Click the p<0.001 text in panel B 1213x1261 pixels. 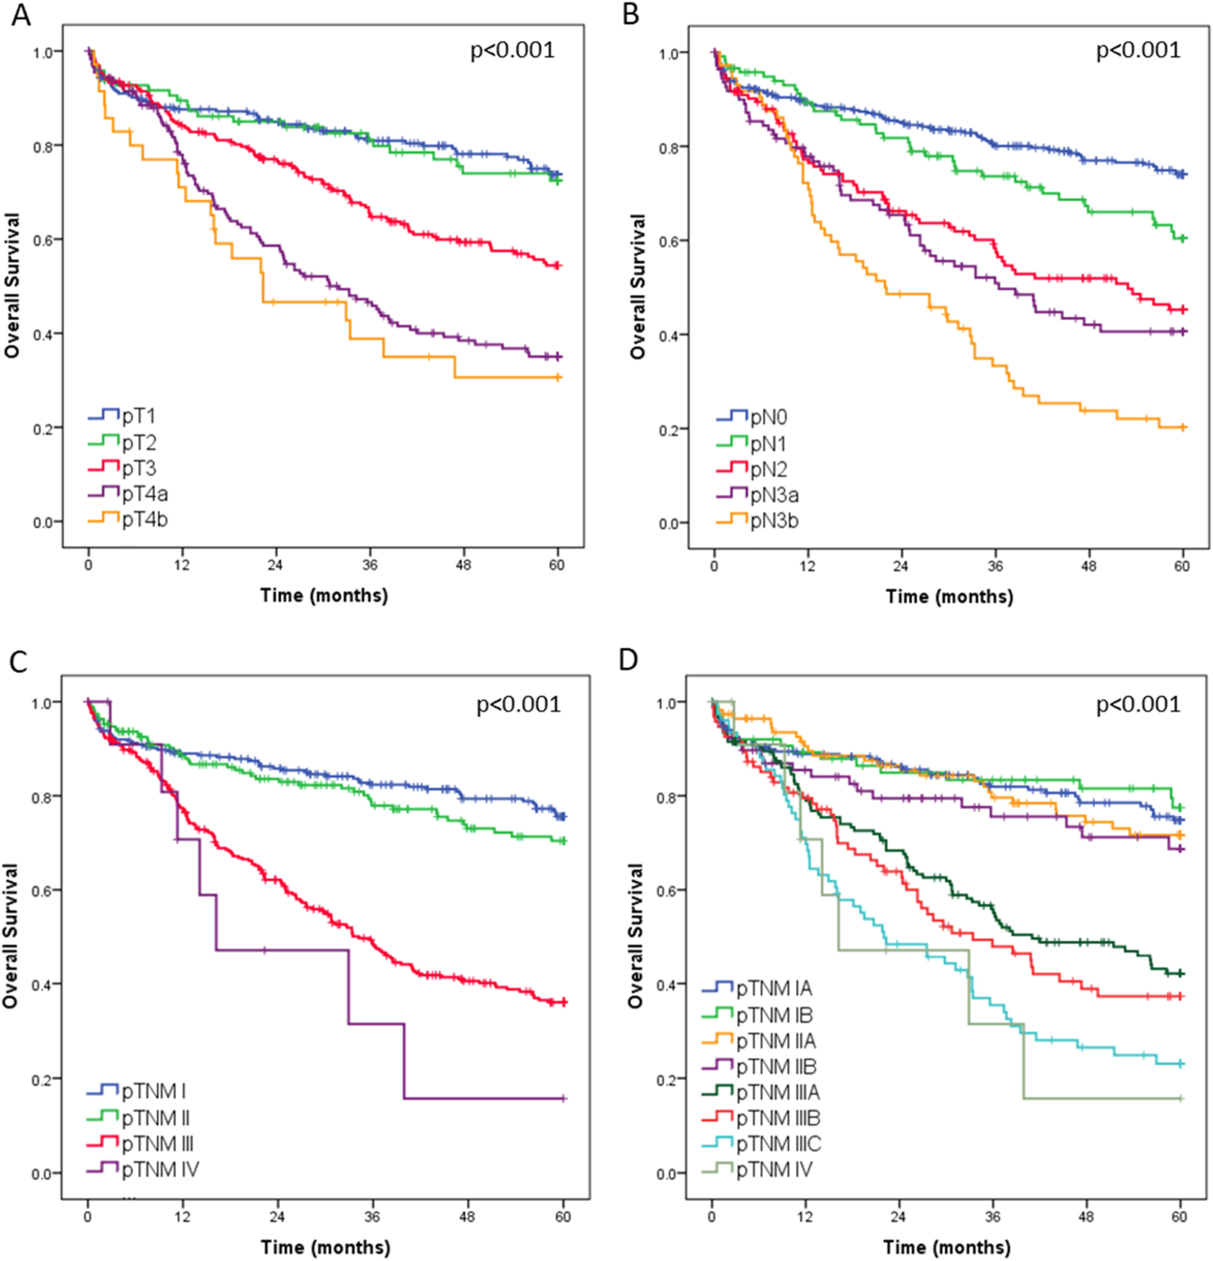point(1138,50)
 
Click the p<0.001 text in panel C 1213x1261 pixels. point(518,705)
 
